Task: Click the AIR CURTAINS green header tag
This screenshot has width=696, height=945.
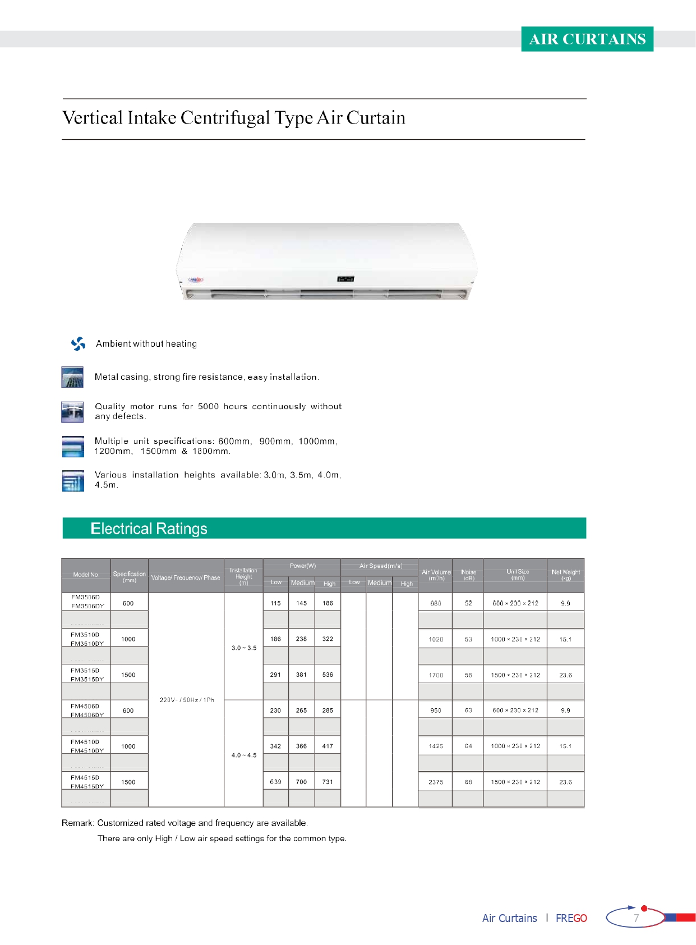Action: click(587, 39)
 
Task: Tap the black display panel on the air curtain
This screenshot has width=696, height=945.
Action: click(345, 278)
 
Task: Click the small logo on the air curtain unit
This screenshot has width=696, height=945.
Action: click(196, 279)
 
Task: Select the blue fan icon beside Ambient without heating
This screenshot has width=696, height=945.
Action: click(78, 343)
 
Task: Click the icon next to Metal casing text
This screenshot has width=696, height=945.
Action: click(72, 377)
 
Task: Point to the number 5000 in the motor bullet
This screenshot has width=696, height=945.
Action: click(208, 406)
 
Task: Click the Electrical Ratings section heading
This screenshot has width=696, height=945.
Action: click(149, 529)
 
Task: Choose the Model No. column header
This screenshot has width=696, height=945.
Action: click(86, 575)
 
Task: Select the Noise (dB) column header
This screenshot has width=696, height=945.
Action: click(468, 575)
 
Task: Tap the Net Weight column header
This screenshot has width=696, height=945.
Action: click(565, 575)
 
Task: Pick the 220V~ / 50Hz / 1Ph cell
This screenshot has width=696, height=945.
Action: click(187, 700)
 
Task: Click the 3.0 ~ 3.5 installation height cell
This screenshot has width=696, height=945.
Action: click(244, 648)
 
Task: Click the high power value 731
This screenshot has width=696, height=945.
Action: click(328, 782)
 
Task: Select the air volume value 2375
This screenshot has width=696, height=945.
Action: click(436, 782)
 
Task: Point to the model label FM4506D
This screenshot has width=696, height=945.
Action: click(85, 706)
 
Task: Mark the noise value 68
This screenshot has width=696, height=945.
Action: click(468, 782)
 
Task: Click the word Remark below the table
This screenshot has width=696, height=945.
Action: click(77, 823)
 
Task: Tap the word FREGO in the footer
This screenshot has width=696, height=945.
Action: click(571, 918)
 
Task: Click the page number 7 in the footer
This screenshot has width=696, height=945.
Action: click(636, 918)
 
